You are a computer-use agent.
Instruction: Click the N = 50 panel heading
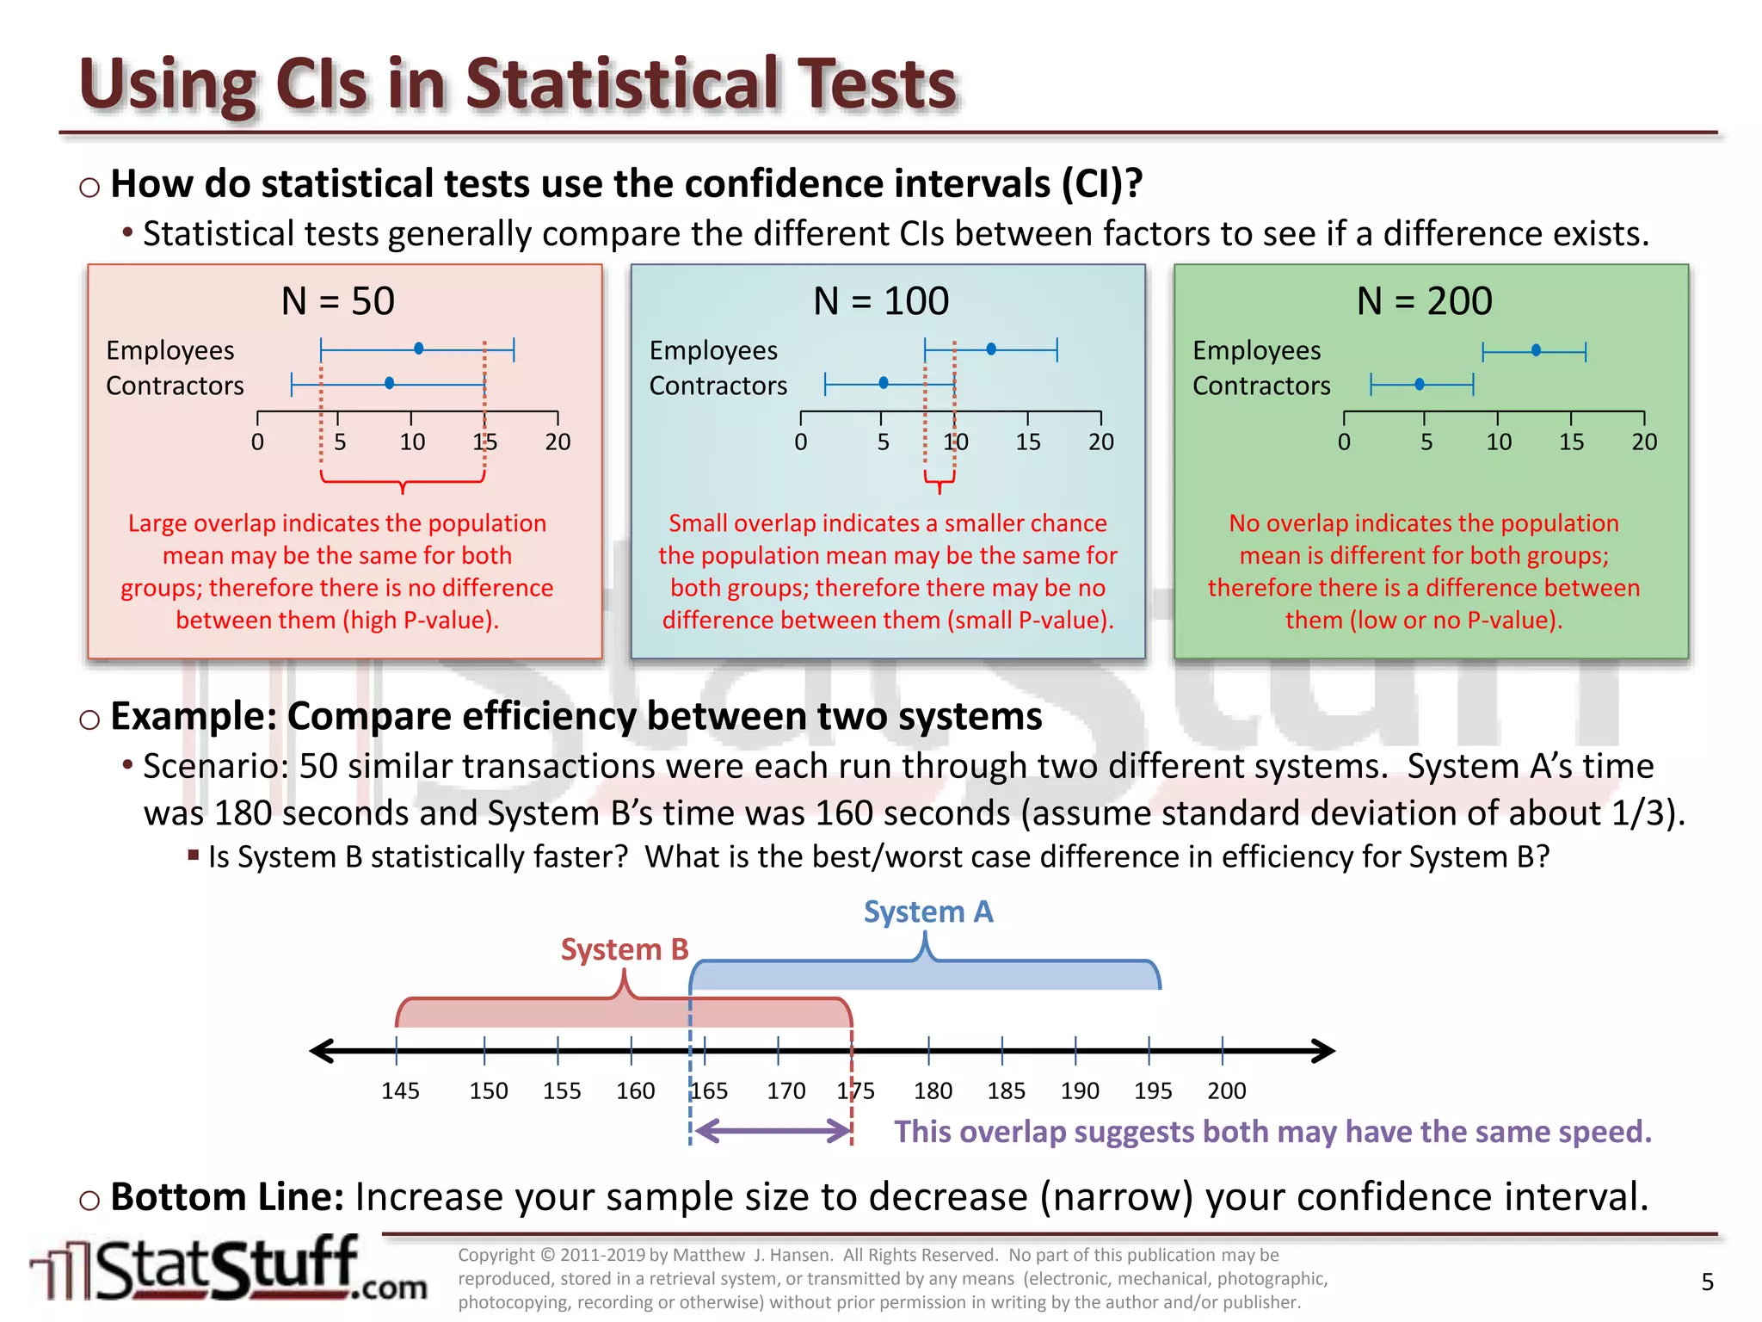click(x=337, y=301)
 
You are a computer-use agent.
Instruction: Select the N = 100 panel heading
click(x=881, y=301)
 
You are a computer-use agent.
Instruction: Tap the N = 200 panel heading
click(x=1424, y=301)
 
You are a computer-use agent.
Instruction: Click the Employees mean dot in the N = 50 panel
click(x=418, y=349)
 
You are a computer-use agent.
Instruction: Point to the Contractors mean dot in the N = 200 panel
click(x=1420, y=384)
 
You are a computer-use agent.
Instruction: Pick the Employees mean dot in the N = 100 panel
click(x=991, y=349)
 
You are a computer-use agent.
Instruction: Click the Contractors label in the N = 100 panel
click(x=718, y=386)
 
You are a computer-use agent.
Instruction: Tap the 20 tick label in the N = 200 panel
click(x=1643, y=442)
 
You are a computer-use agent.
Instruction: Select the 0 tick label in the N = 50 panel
click(x=257, y=442)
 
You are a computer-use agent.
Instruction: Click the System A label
click(x=928, y=912)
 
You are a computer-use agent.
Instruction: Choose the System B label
click(x=625, y=949)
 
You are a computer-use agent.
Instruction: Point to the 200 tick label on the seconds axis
click(x=1226, y=1091)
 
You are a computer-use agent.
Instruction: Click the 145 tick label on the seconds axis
click(x=400, y=1091)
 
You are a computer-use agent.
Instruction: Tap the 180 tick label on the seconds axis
click(x=933, y=1091)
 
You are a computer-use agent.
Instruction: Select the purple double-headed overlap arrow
click(x=772, y=1131)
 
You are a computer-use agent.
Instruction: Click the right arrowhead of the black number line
click(x=1323, y=1051)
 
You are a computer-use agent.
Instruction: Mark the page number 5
click(x=1707, y=1282)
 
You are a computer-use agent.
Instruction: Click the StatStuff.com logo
click(x=228, y=1269)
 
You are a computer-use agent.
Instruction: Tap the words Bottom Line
click(x=227, y=1197)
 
